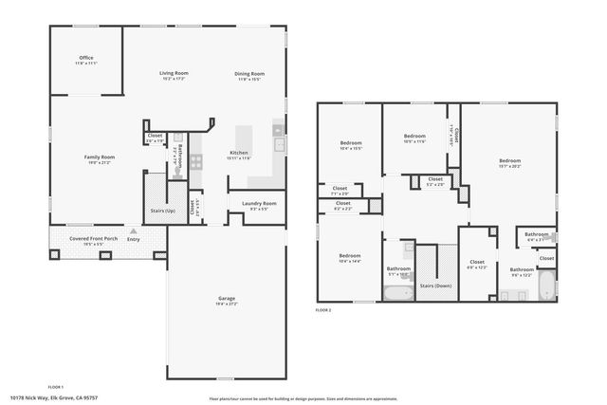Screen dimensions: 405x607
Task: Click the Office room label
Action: pyautogui.click(x=87, y=59)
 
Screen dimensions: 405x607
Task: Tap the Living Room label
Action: pyautogui.click(x=174, y=73)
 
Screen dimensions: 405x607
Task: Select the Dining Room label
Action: pyautogui.click(x=249, y=73)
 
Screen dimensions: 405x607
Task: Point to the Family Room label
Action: pyautogui.click(x=99, y=156)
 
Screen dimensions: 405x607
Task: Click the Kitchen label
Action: pyautogui.click(x=239, y=153)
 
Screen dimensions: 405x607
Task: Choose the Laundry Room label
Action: pyautogui.click(x=258, y=203)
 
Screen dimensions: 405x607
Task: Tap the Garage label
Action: pyautogui.click(x=226, y=299)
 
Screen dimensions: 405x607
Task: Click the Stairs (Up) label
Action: pyautogui.click(x=163, y=211)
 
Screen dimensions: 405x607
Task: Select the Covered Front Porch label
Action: pyautogui.click(x=93, y=238)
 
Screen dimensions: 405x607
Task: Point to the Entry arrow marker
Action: pyautogui.click(x=133, y=231)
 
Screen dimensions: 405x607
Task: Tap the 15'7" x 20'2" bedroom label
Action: pyautogui.click(x=510, y=161)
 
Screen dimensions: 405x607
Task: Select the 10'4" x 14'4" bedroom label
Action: pyautogui.click(x=350, y=255)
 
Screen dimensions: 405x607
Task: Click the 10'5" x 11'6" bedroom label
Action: pyautogui.click(x=415, y=137)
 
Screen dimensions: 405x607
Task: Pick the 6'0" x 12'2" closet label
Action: pyautogui.click(x=476, y=263)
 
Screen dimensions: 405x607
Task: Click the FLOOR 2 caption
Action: pyautogui.click(x=324, y=309)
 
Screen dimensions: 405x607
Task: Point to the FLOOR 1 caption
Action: pyautogui.click(x=55, y=387)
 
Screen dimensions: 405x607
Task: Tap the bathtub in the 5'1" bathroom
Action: pyautogui.click(x=398, y=291)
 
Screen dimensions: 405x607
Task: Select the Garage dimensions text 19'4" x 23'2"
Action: pyautogui.click(x=226, y=304)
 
